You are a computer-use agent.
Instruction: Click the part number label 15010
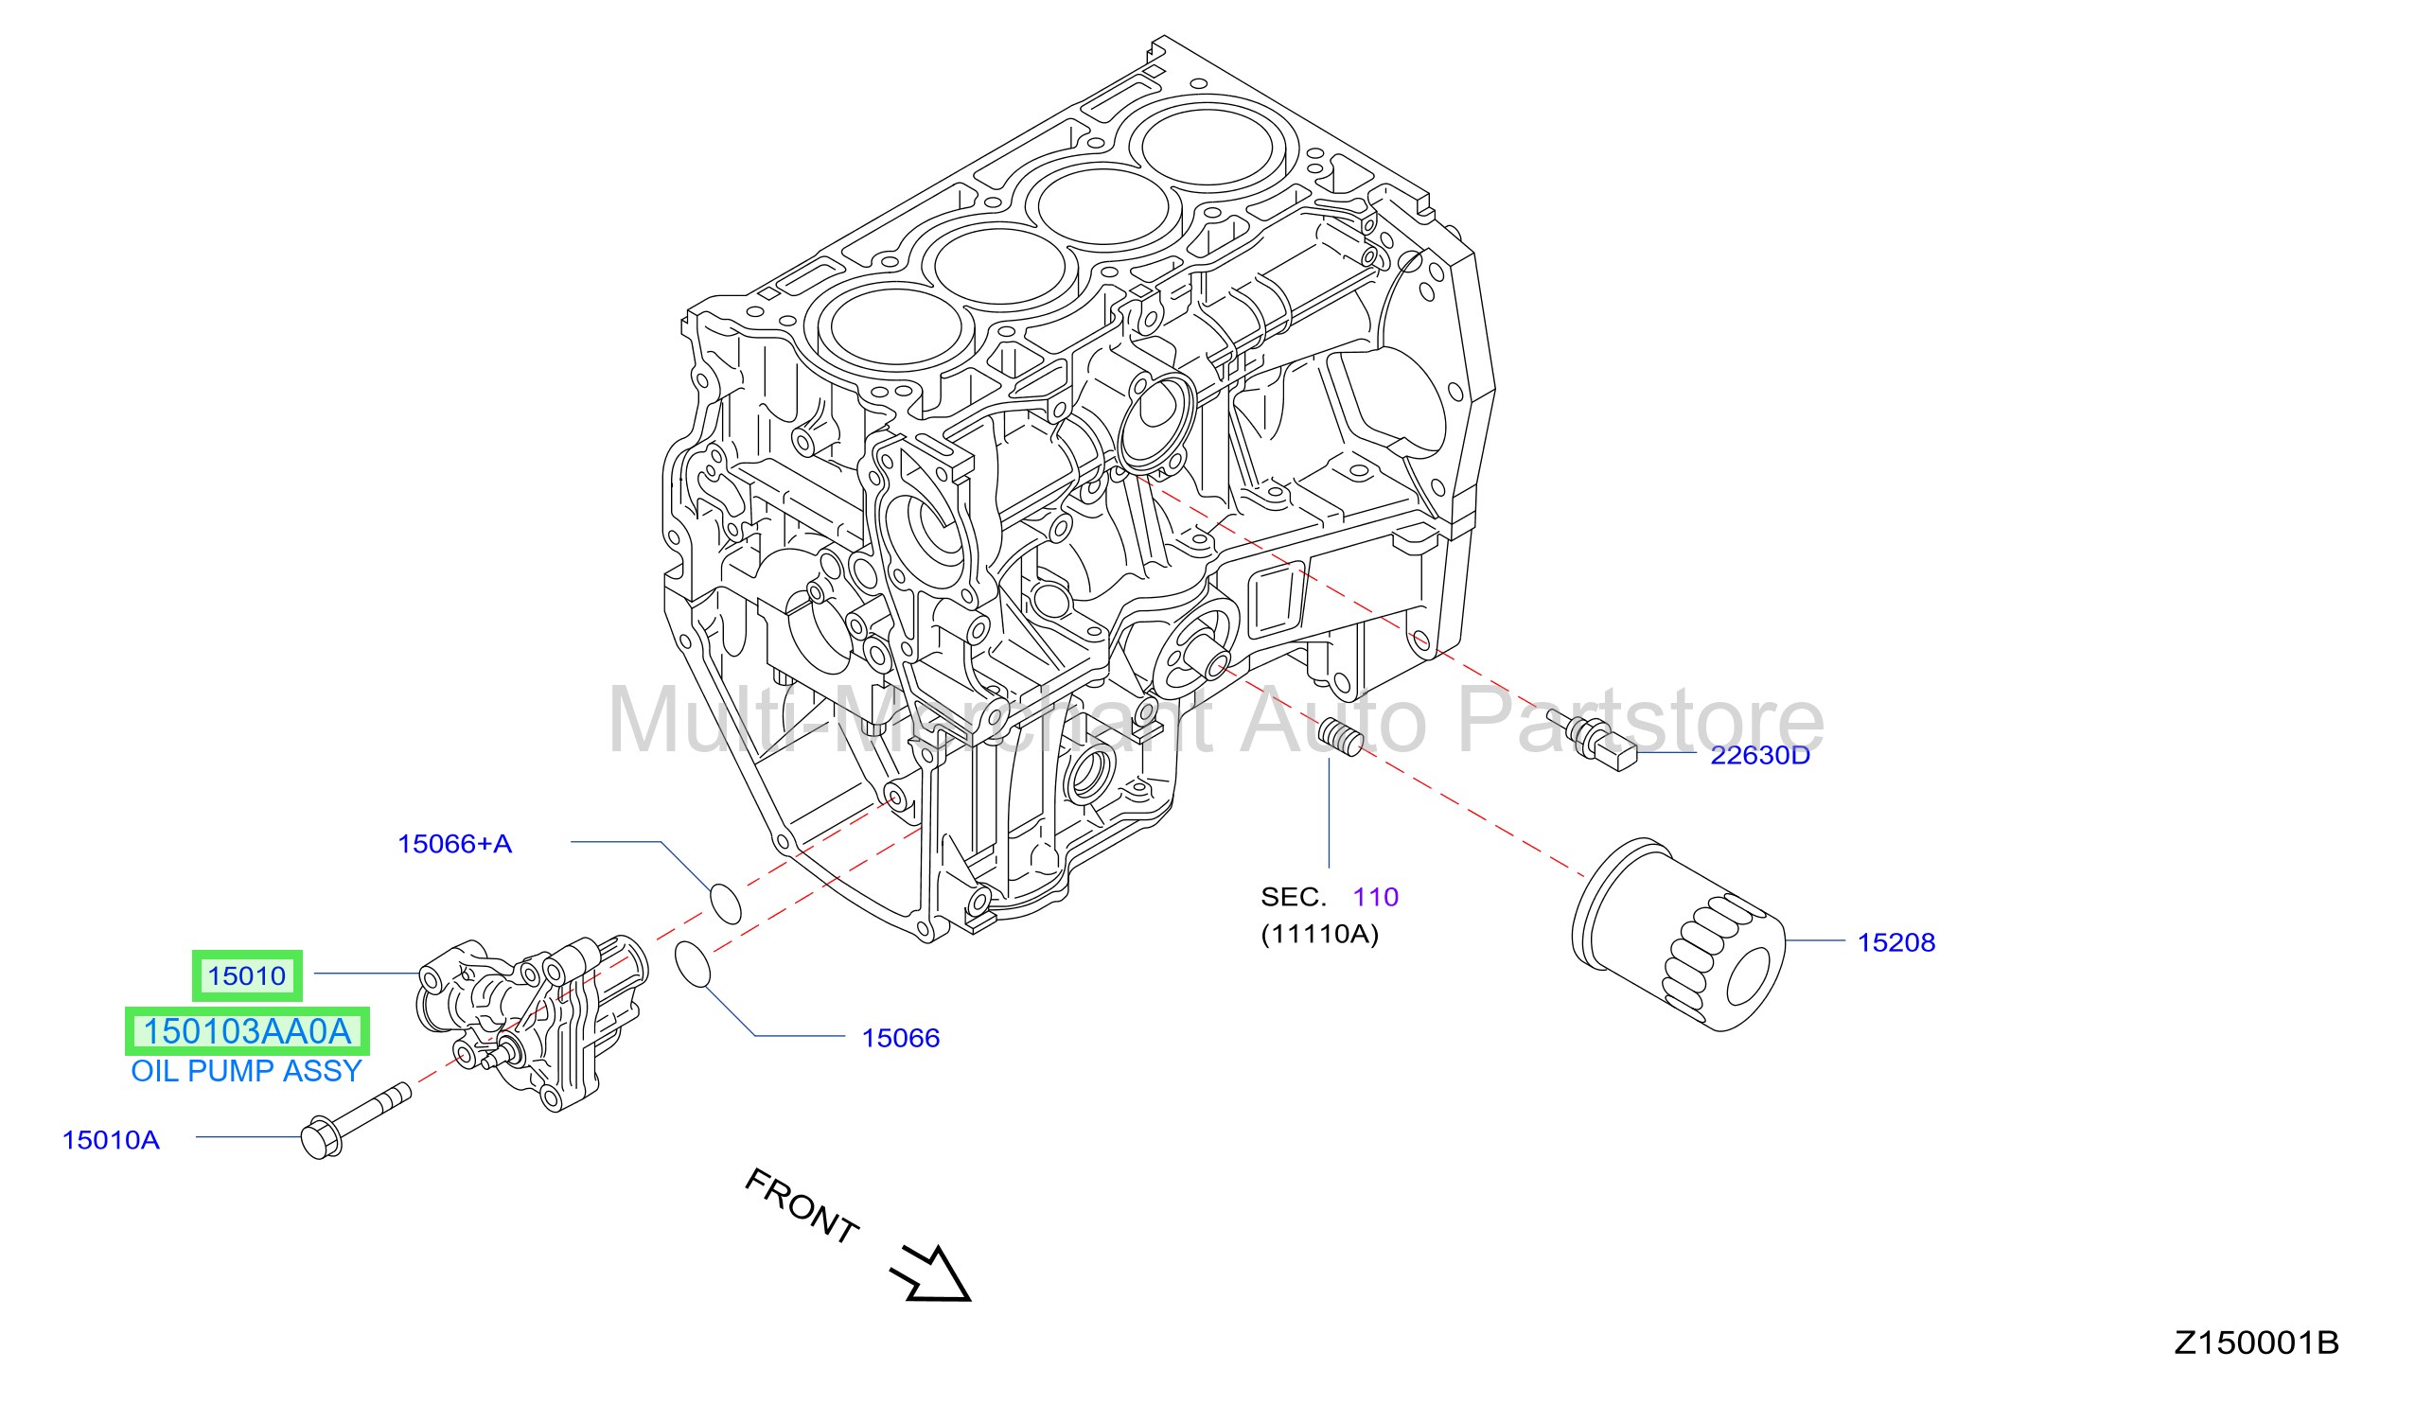(247, 975)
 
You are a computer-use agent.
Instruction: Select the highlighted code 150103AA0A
(247, 1032)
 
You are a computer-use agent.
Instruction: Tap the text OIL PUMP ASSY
(246, 1071)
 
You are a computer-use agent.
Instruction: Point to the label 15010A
(111, 1140)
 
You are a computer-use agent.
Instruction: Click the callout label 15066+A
(454, 844)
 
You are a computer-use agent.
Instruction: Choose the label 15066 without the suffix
(900, 1038)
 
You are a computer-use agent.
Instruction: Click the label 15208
(1895, 942)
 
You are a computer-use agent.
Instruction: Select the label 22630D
(1760, 755)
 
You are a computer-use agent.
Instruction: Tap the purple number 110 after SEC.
(1375, 897)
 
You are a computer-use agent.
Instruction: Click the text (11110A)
(1319, 934)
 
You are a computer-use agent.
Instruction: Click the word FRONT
(802, 1205)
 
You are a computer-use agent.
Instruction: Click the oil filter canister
(1679, 935)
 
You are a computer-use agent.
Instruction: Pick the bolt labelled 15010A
(355, 1121)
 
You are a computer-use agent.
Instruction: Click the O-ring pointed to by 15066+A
(725, 903)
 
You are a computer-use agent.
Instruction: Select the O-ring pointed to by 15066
(693, 965)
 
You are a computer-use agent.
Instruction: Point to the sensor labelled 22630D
(1592, 739)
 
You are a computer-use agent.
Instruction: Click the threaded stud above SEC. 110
(1340, 737)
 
